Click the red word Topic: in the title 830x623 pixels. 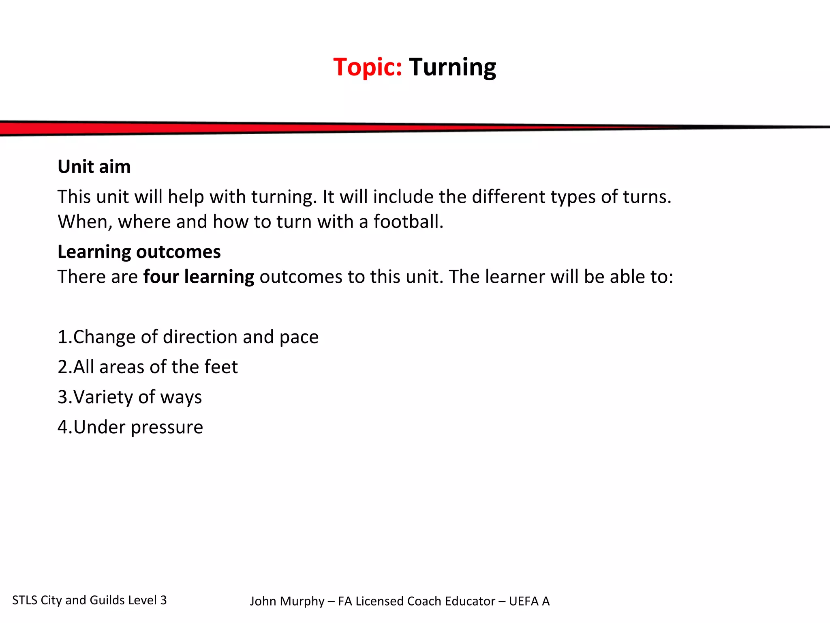(367, 67)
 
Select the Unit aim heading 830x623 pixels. (94, 167)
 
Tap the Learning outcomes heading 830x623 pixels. (139, 252)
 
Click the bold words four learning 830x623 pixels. (199, 277)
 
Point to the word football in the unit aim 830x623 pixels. (408, 222)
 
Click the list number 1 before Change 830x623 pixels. (62, 337)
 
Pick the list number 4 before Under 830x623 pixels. (63, 427)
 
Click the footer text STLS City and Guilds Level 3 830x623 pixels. (89, 600)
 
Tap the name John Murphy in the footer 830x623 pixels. (287, 601)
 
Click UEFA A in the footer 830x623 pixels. (529, 601)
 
